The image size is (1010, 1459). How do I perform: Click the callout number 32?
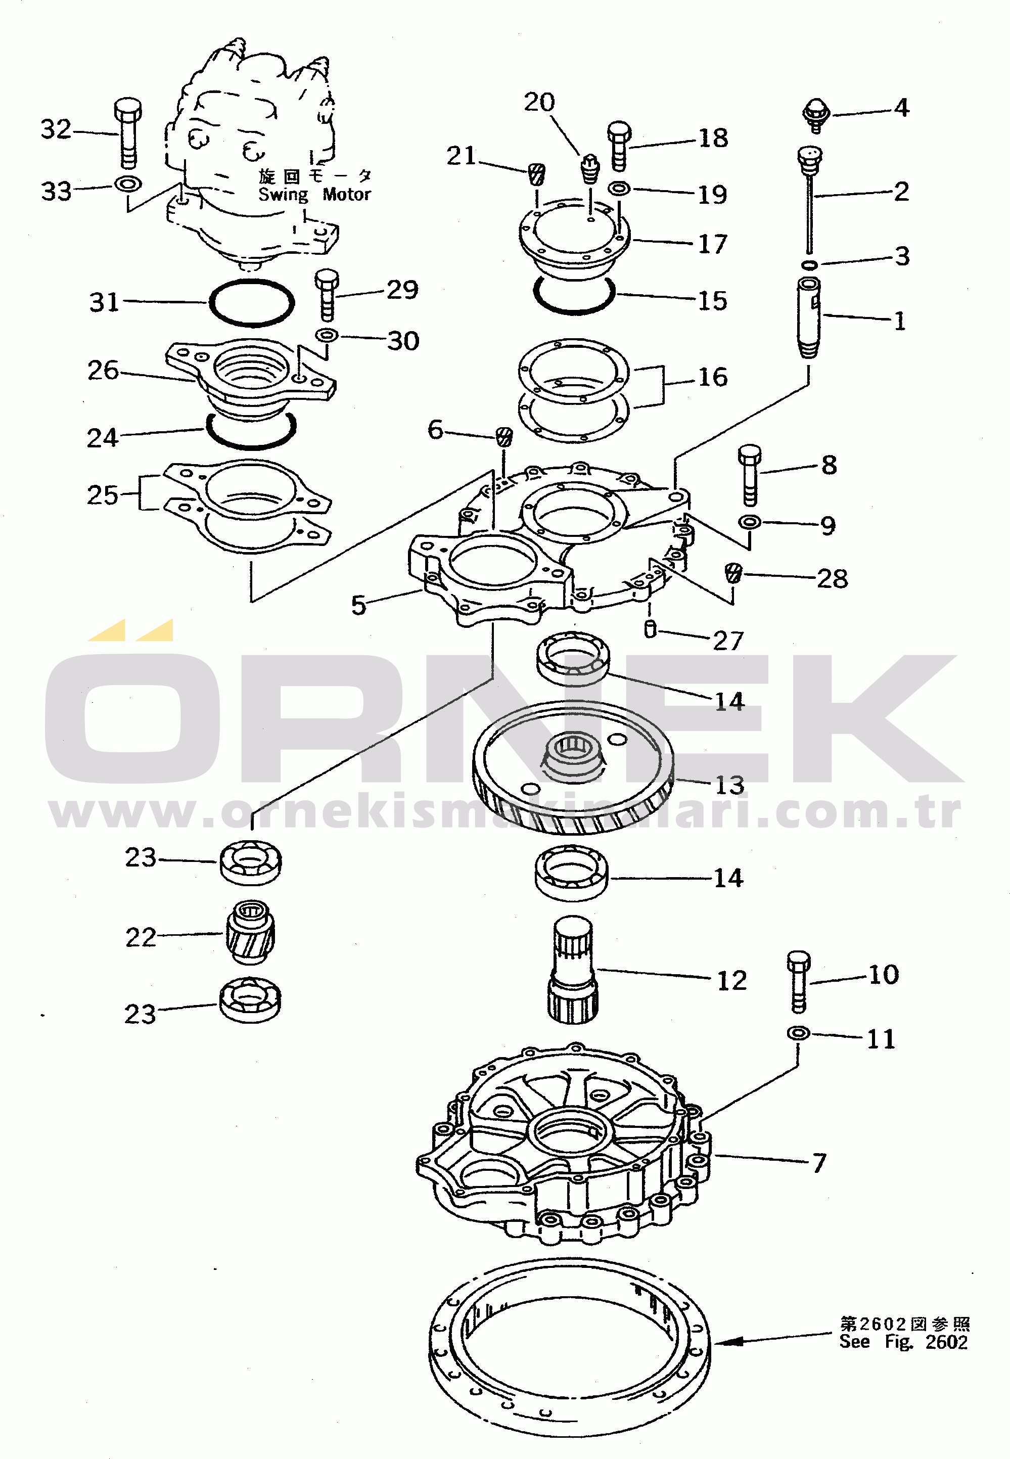(x=56, y=129)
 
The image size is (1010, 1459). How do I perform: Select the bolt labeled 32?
(x=128, y=132)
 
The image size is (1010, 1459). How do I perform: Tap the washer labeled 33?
(x=128, y=185)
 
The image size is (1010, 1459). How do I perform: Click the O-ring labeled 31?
(x=251, y=302)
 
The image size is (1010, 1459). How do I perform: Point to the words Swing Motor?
(x=314, y=194)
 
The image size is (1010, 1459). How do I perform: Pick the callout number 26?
(x=103, y=370)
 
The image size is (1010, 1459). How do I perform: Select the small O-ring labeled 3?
(x=809, y=264)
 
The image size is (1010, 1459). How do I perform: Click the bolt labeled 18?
(x=619, y=146)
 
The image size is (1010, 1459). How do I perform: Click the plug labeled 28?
(x=733, y=573)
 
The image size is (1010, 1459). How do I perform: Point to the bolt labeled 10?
(x=799, y=981)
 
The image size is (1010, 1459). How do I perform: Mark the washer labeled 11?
(x=798, y=1033)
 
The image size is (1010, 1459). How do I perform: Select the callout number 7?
(x=819, y=1163)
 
